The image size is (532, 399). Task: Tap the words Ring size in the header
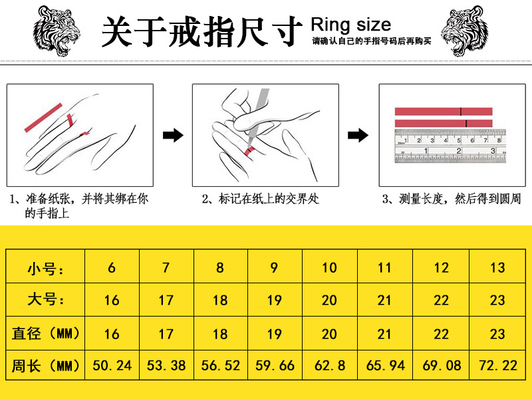coord(351,25)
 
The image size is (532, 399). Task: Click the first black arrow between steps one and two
coord(173,136)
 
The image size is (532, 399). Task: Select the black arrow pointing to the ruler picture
coord(358,136)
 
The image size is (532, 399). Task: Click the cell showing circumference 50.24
coord(112,365)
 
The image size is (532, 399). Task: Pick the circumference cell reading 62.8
coord(329,365)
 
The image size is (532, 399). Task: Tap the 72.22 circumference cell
coord(497,365)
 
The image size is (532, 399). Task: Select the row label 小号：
coord(46,268)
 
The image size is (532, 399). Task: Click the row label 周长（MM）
coord(46,365)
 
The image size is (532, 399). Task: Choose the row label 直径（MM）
coord(46,333)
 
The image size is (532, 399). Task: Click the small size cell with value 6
coord(112,268)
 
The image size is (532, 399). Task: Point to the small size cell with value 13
coord(497,268)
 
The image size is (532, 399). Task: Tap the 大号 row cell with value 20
coord(329,301)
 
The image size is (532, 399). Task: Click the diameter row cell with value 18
coord(220,333)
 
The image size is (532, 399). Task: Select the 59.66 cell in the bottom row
coord(275,365)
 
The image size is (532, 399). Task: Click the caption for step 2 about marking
coord(261,199)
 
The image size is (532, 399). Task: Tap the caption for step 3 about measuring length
coord(452,199)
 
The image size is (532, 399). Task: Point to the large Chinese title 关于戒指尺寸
coord(198,31)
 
